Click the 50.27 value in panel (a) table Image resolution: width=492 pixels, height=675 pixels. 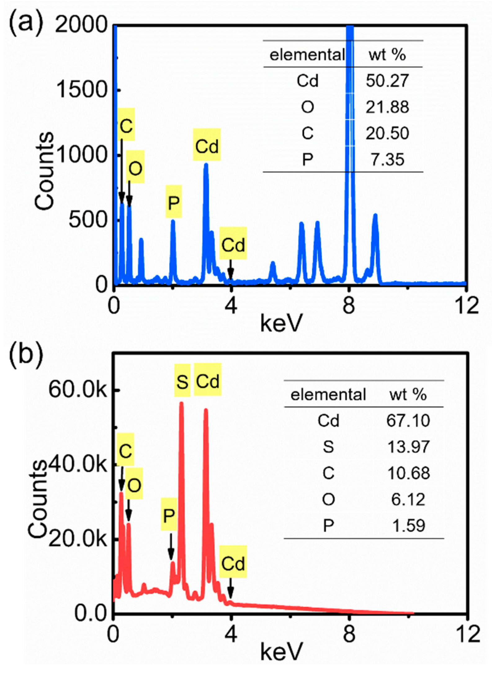pos(387,81)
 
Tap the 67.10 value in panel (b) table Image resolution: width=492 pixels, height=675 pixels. pos(408,421)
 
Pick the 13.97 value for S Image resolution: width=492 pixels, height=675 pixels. pos(408,447)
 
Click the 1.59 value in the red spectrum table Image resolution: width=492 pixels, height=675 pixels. pos(408,526)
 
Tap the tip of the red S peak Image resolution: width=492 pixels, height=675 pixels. pos(181,403)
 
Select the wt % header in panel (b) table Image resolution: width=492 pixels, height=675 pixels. pos(408,395)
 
